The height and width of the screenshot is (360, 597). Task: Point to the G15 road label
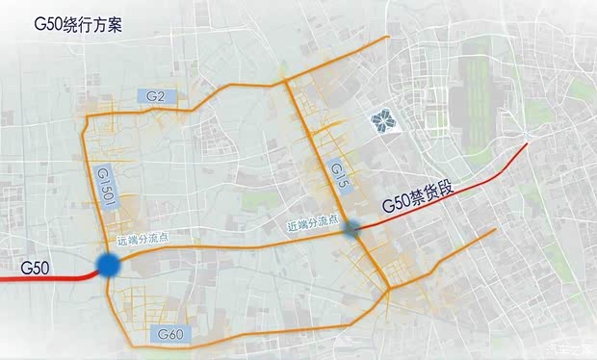pos(336,175)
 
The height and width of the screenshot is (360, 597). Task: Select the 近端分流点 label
pos(313,224)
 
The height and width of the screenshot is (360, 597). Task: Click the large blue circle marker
pos(108,266)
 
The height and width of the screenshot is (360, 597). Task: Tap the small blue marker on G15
pos(352,227)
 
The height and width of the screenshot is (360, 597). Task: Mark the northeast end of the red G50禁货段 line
pos(527,145)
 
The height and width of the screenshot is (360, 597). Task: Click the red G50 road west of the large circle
pos(48,278)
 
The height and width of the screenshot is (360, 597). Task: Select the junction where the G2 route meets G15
pos(285,82)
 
